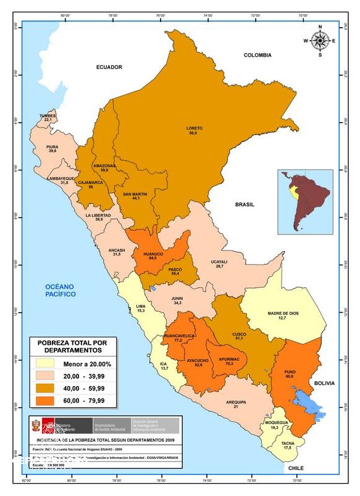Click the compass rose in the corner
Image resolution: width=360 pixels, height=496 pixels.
(x=320, y=40)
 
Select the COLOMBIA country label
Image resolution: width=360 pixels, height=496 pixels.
(x=257, y=55)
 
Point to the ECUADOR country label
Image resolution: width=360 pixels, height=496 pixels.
(x=109, y=67)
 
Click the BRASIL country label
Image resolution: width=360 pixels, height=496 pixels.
(x=245, y=204)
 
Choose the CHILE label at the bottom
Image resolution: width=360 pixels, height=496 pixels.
(x=295, y=468)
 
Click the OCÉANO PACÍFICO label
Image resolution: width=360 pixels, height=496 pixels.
(x=59, y=291)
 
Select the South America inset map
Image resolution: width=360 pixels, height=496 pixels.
(x=304, y=202)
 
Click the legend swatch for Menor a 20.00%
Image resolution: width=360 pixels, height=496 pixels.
(x=47, y=364)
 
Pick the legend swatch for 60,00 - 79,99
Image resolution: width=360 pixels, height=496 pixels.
(x=47, y=401)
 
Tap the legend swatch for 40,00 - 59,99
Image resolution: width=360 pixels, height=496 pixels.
(x=47, y=389)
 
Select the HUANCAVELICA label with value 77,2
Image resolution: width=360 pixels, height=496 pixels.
(x=180, y=337)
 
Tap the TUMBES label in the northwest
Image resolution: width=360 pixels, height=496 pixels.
(x=48, y=116)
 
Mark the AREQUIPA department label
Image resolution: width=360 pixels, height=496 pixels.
(x=235, y=403)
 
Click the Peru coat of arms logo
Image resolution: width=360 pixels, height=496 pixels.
(x=43, y=426)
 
